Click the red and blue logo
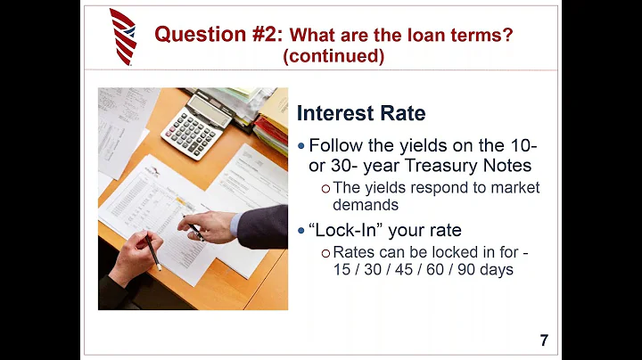123,37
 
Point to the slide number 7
544,340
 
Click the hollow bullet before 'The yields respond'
326,188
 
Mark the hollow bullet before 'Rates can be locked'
326,252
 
